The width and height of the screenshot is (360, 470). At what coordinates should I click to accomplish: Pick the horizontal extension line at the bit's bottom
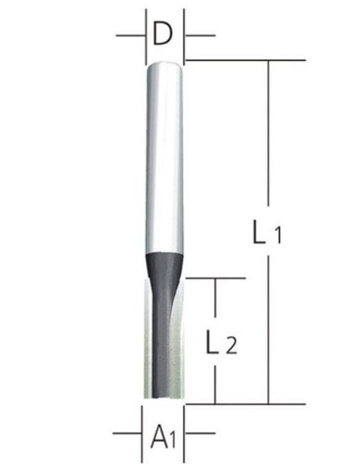point(235,402)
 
